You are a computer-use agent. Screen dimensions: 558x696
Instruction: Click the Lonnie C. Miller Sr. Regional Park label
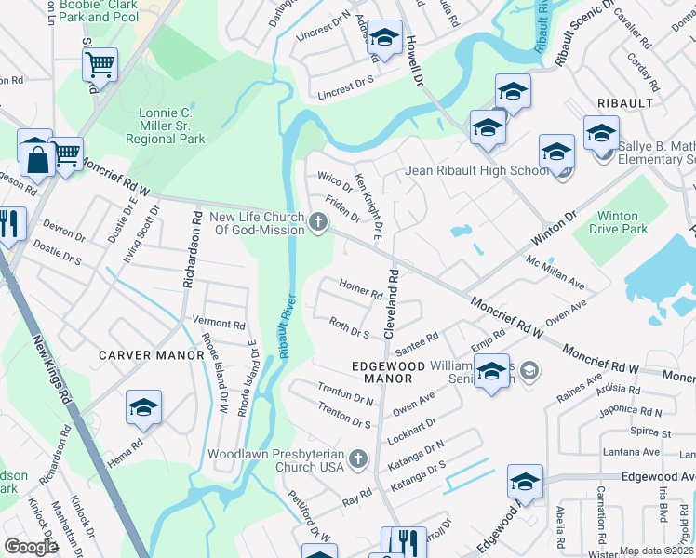172,126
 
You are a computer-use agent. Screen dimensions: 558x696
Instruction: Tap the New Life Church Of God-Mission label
258,224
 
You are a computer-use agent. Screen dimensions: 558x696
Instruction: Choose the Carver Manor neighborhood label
151,355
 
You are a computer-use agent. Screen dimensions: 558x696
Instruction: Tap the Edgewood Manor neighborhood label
381,372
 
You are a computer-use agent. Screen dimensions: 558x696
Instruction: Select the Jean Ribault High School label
476,171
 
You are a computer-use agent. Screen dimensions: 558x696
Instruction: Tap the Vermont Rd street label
219,325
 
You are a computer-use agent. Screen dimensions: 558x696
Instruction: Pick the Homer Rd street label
362,289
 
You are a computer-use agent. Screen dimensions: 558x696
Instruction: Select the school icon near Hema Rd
143,407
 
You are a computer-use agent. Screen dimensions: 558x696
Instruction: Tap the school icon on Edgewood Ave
525,482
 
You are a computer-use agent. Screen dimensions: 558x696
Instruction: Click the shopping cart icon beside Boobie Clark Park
100,64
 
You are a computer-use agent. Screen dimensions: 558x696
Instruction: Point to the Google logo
31,547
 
